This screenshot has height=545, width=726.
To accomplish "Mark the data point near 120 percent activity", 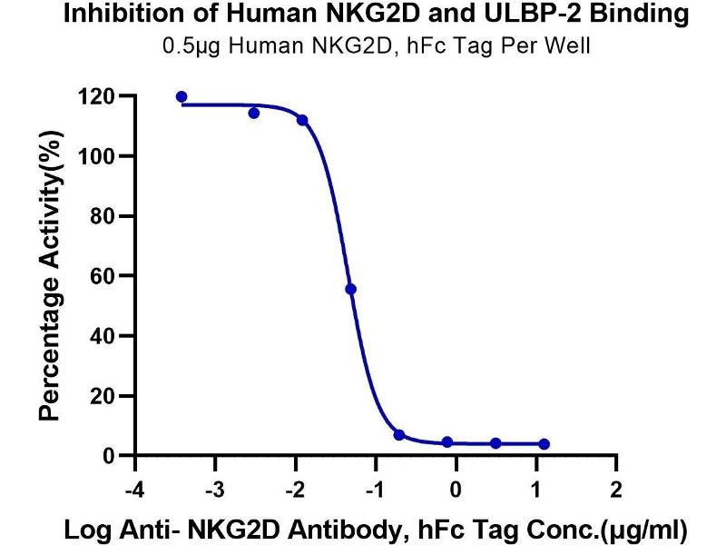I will point(181,96).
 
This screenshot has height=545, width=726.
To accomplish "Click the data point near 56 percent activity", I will point(351,289).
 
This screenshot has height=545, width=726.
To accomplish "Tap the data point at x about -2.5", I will point(254,113).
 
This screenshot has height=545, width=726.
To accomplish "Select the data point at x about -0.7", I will point(399,435).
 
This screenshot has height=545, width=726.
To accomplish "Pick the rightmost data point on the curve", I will point(544,443).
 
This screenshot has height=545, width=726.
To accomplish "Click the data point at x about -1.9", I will point(302,120).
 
